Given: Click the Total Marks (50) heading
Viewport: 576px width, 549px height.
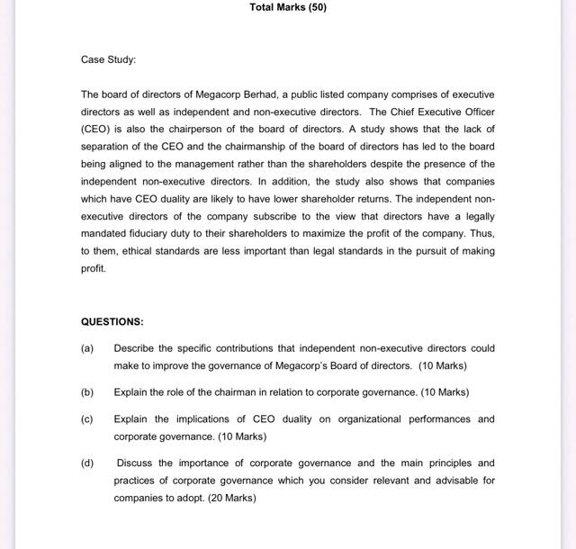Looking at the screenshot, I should point(288,7).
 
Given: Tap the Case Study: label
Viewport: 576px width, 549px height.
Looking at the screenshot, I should point(109,59).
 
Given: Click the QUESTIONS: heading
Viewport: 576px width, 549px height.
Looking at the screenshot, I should point(112,321).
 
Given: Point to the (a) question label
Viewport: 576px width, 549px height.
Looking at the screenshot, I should point(87,348).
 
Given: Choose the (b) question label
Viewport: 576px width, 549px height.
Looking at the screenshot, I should point(87,392).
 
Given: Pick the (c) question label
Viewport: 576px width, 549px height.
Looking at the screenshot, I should point(87,419).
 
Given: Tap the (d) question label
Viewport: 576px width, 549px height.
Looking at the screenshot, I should point(87,463).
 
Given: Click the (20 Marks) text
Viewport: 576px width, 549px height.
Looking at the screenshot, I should point(230,498).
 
